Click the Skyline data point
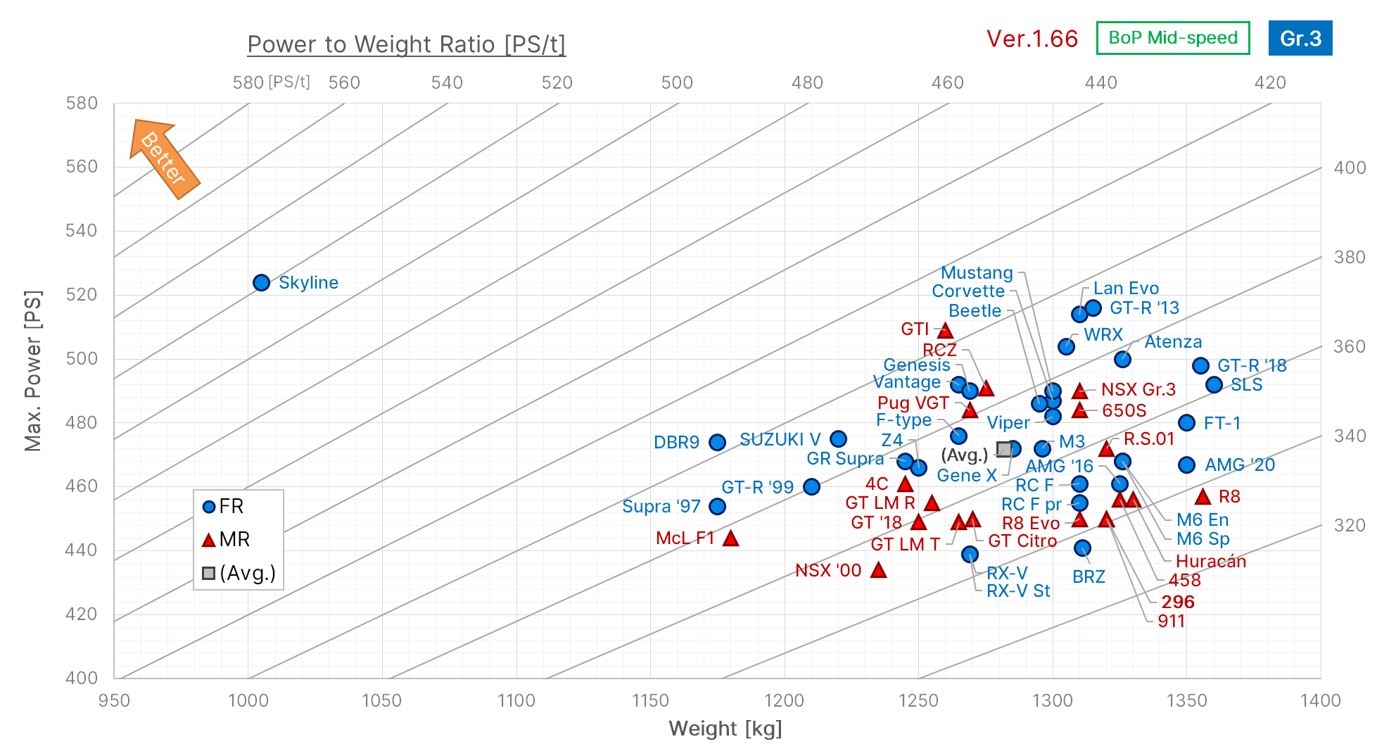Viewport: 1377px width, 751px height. point(261,282)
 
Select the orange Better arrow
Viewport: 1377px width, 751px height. point(165,159)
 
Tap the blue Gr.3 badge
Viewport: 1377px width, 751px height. point(1300,38)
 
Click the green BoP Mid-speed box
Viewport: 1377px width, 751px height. point(1172,38)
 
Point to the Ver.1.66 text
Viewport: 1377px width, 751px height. point(1032,39)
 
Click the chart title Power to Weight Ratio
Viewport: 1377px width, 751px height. point(406,44)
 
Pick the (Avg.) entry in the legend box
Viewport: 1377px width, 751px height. point(239,574)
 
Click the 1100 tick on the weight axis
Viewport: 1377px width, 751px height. point(516,700)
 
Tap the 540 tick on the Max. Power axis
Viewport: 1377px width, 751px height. point(82,231)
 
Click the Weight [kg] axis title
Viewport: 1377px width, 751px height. point(725,728)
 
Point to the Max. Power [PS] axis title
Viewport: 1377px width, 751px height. point(33,370)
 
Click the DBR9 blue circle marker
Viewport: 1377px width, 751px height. point(717,442)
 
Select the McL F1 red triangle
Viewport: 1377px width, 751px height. point(730,538)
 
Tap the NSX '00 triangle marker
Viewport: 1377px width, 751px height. point(878,570)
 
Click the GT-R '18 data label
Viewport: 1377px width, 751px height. point(1252,365)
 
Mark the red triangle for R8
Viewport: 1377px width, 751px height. point(1203,497)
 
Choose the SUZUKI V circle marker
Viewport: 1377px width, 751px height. point(838,439)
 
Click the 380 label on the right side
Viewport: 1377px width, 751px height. point(1350,257)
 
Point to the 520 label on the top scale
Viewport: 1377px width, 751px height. point(557,83)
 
